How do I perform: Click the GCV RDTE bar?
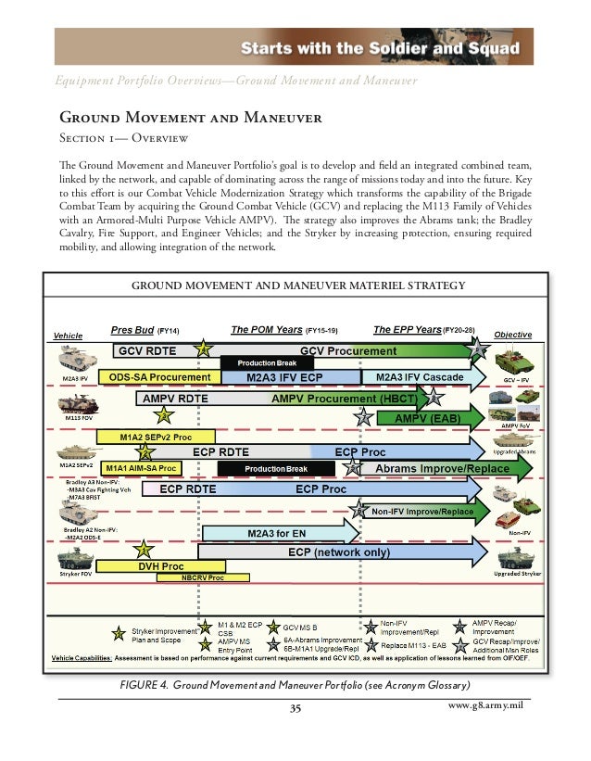click(x=153, y=351)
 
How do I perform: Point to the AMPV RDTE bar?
click(x=175, y=399)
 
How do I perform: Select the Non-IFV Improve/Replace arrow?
click(x=421, y=512)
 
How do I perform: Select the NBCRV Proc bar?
click(x=203, y=577)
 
